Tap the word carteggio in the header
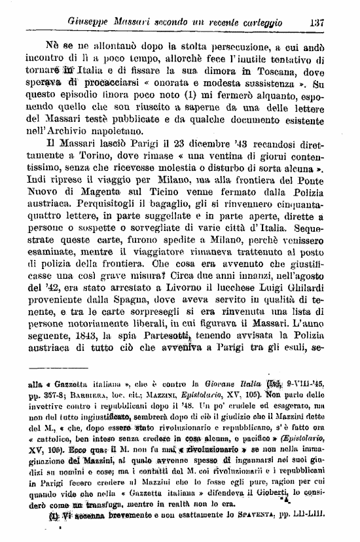259,22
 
